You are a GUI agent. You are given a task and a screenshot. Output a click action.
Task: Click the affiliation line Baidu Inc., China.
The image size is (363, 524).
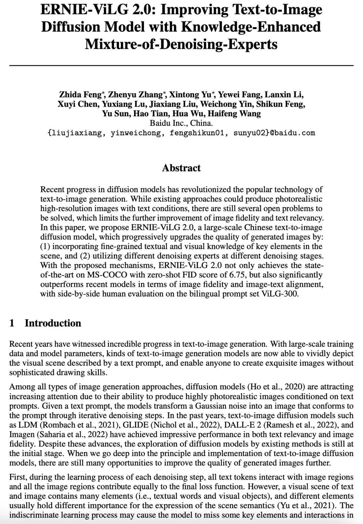click(181, 123)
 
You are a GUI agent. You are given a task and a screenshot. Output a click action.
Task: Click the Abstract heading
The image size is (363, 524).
click(181, 168)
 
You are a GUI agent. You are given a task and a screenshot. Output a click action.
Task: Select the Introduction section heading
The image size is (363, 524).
click(53, 323)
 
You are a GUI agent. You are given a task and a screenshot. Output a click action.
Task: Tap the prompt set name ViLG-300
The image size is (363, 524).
click(280, 294)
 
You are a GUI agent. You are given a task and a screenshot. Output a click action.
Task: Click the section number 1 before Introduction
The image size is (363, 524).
click(12, 323)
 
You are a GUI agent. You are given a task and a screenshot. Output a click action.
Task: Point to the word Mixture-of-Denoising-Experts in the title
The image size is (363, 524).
click(181, 44)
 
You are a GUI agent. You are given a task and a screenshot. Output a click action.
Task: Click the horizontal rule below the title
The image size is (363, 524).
click(181, 65)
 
